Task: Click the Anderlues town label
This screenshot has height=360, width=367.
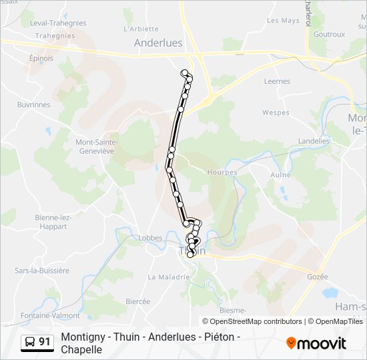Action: coord(158,42)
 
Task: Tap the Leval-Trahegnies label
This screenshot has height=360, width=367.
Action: coord(58,23)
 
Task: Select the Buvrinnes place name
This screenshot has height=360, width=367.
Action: coord(33,105)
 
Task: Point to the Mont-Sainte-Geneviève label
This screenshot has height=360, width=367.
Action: coord(97,147)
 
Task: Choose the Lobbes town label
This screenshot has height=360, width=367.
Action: coord(150,237)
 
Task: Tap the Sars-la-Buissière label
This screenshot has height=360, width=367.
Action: coord(42,271)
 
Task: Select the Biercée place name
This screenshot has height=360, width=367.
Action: coord(137,301)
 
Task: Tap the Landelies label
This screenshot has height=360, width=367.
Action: coord(314,141)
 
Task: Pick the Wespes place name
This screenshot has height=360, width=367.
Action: coord(276,113)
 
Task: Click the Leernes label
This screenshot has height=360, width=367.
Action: coord(277,81)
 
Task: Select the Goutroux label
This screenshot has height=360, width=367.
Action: coord(329,35)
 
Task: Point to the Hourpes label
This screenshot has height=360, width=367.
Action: coord(223,172)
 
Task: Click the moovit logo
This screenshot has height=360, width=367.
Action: coord(316,343)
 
